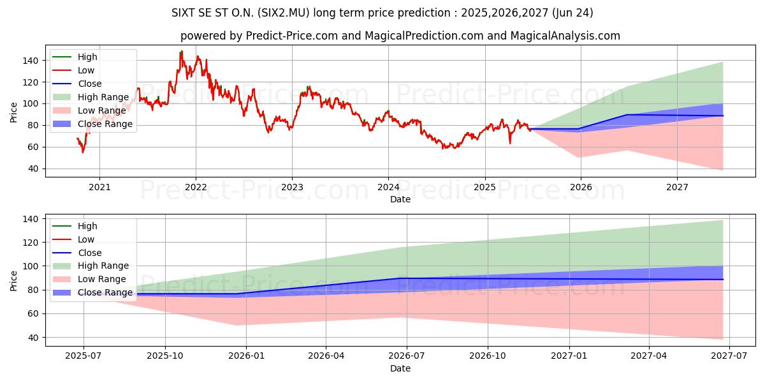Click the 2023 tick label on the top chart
292,187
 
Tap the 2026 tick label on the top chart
581,187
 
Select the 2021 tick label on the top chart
99,187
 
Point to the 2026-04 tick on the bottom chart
326,356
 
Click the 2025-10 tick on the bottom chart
165,356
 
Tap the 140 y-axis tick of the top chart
32,61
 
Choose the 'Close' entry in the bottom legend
90,253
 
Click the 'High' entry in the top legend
87,57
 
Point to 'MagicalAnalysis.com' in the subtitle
567,36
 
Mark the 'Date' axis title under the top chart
400,199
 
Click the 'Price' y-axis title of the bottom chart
14,280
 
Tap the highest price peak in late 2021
181,52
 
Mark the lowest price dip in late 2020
82,152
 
